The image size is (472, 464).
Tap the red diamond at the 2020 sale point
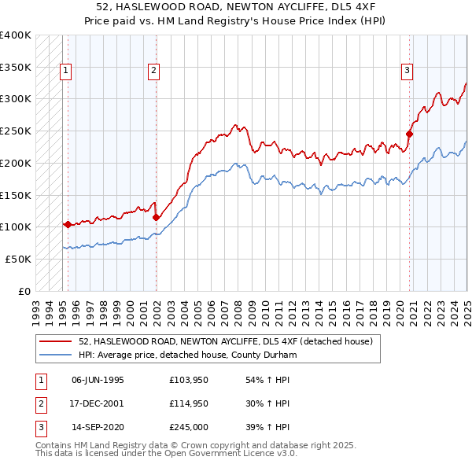[x=410, y=134]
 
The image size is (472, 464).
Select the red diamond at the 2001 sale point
[x=156, y=217]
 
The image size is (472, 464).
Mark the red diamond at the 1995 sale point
[x=68, y=224]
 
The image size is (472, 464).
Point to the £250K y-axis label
[x=16, y=131]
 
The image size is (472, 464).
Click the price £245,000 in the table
[x=188, y=429]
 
